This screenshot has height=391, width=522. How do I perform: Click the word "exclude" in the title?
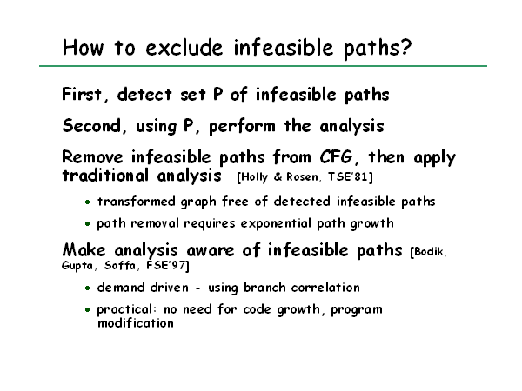click(x=184, y=48)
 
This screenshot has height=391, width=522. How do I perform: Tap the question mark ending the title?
click(x=405, y=48)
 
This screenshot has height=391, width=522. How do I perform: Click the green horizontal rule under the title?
click(x=263, y=66)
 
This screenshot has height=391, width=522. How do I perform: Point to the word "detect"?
click(x=144, y=95)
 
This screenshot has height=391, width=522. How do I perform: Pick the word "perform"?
click(x=242, y=127)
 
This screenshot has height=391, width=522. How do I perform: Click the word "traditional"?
click(x=105, y=176)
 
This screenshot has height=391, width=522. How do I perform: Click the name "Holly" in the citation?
click(x=255, y=177)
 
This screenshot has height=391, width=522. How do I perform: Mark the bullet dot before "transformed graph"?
click(x=87, y=202)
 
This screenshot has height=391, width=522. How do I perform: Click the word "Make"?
click(x=84, y=250)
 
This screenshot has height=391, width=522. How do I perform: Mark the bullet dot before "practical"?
click(x=87, y=310)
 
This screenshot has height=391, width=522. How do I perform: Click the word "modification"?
click(x=136, y=323)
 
